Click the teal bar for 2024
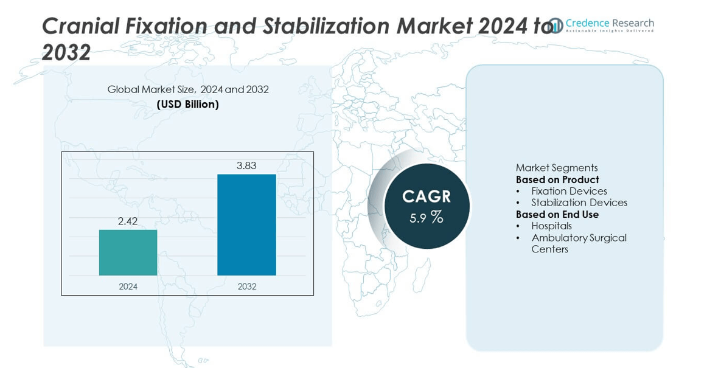[x=128, y=252]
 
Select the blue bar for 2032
[x=246, y=224]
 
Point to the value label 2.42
[x=128, y=220]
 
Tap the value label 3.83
[x=246, y=165]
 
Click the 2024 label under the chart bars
[x=128, y=286]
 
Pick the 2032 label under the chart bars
[x=246, y=286]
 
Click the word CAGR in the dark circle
[x=427, y=196]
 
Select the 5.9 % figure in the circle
[x=427, y=217]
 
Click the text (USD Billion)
[x=188, y=104]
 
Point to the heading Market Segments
[x=557, y=168]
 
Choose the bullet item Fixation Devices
[x=569, y=191]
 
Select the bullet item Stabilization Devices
[x=579, y=203]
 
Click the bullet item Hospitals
[x=551, y=226]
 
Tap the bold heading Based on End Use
[x=557, y=214]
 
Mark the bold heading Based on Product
[x=557, y=179]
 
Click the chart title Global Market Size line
[x=188, y=89]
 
